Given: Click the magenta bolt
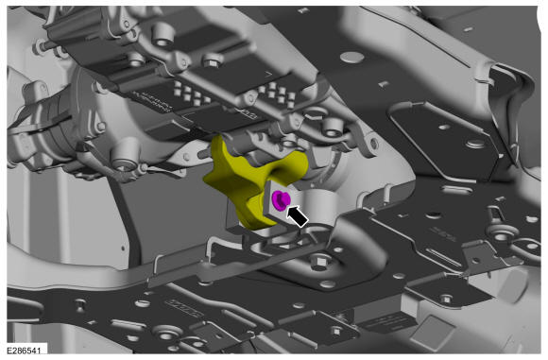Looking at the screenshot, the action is click(281, 200).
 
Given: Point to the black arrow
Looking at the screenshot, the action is click(297, 216).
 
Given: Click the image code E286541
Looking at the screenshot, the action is click(24, 351).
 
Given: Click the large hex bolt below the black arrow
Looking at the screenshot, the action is click(319, 261).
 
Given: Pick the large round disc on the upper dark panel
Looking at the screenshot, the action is click(351, 58).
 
